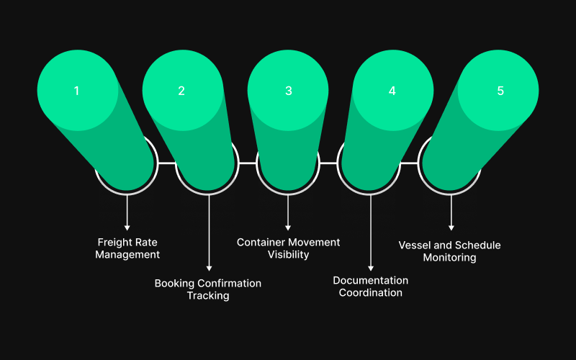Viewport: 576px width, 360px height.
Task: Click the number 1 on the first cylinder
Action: (76, 91)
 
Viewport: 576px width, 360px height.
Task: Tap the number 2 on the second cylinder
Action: (181, 91)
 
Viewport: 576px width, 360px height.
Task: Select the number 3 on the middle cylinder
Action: (288, 91)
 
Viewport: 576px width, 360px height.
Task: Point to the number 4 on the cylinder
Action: (392, 91)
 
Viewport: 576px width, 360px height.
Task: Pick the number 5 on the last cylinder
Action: (500, 91)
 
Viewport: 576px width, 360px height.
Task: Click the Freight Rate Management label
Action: (127, 248)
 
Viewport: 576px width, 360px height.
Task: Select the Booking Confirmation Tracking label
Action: (208, 289)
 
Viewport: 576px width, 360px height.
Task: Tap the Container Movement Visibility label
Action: (288, 248)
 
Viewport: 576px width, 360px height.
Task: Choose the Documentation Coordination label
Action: (370, 287)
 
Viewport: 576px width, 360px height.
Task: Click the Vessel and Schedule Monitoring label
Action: (449, 251)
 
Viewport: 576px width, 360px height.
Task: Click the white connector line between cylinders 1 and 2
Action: (166, 163)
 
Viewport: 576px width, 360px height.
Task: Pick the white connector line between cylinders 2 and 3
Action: (247, 163)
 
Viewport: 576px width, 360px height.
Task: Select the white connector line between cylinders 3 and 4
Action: (328, 163)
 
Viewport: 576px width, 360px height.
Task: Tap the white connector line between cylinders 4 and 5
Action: (409, 163)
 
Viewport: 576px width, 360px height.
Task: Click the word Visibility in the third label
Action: (288, 255)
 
